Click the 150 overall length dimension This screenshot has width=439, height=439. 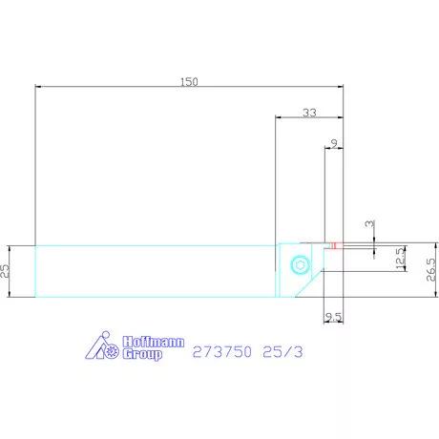click(x=189, y=82)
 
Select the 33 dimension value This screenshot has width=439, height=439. click(x=309, y=113)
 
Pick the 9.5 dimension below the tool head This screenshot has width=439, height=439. click(x=333, y=315)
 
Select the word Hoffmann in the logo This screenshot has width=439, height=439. click(x=144, y=340)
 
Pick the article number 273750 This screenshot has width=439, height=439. click(x=221, y=351)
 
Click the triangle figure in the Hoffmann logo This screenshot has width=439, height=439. click(x=95, y=350)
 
